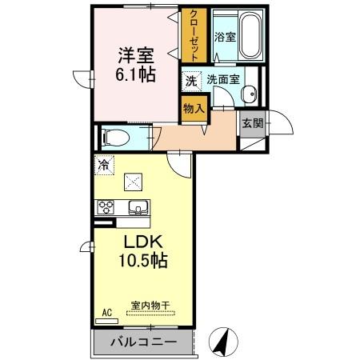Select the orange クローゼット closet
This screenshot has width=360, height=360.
193,35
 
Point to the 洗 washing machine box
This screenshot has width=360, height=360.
191,79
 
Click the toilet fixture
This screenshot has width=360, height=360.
113,136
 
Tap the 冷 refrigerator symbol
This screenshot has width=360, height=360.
104,165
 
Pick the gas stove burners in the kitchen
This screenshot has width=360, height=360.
105,208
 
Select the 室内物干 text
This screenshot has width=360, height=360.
150,304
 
